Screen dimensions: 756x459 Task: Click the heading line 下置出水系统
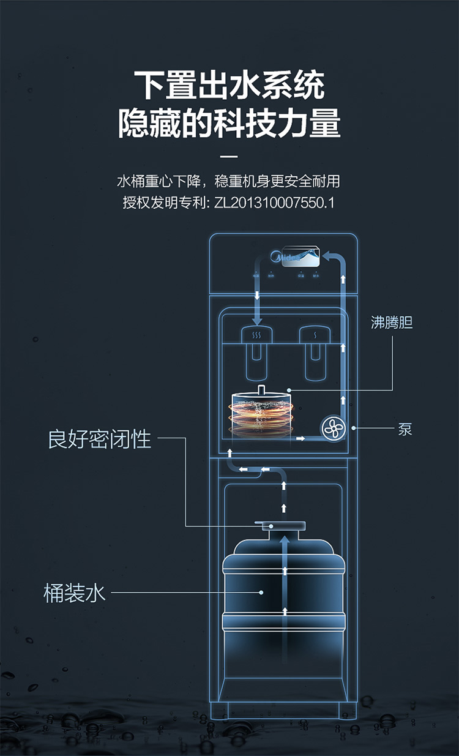pyautogui.click(x=229, y=86)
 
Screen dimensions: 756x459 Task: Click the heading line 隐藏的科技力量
pyautogui.click(x=229, y=123)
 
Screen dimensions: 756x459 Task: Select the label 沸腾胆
pyautogui.click(x=392, y=323)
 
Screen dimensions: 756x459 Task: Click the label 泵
pyautogui.click(x=405, y=429)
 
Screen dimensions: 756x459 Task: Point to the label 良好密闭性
pyautogui.click(x=100, y=439)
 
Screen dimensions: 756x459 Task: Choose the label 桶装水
pyautogui.click(x=75, y=593)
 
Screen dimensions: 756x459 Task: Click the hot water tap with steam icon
pyautogui.click(x=257, y=335)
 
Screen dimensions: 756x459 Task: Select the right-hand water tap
pyautogui.click(x=315, y=335)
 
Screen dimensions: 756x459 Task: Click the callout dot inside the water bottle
pyautogui.click(x=262, y=592)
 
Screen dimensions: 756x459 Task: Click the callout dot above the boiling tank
pyautogui.click(x=288, y=389)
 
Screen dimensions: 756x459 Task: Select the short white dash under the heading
pyautogui.click(x=229, y=155)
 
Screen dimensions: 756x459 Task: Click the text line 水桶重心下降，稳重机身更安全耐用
pyautogui.click(x=229, y=181)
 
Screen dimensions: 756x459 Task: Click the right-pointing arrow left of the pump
pyautogui.click(x=300, y=438)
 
